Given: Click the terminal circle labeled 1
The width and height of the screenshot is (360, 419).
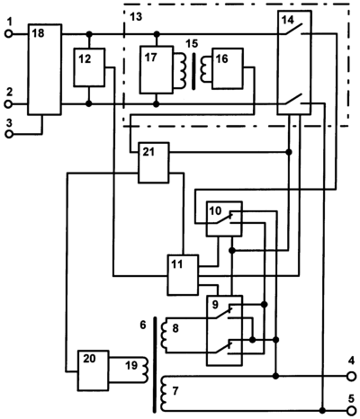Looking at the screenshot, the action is (9, 34).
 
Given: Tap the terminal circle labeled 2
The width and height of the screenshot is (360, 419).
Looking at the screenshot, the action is (9, 104).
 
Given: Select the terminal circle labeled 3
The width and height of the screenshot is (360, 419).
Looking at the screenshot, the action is (9, 134).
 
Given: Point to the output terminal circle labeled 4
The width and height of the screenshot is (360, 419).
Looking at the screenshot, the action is (351, 376).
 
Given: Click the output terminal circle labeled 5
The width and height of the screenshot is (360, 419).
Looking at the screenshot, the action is (351, 410).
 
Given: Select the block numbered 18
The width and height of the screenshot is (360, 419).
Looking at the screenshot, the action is (45, 69).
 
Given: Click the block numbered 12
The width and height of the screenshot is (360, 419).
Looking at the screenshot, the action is (89, 67).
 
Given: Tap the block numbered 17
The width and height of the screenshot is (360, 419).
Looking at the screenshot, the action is (157, 69).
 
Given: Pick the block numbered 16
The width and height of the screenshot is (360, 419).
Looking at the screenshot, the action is (228, 68).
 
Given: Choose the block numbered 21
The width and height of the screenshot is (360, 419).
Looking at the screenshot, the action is (153, 163).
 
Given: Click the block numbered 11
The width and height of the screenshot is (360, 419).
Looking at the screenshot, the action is (183, 275).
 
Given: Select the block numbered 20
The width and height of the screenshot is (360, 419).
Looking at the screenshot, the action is (93, 370).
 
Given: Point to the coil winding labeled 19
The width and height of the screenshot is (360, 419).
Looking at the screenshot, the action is (145, 370).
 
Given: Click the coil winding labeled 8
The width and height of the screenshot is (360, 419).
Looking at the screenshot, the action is (165, 335).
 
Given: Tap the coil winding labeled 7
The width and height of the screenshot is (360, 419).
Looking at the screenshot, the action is (164, 394).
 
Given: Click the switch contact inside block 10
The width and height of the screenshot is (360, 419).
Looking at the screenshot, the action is (224, 218).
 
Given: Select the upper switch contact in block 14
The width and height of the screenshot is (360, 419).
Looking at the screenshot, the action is (293, 29).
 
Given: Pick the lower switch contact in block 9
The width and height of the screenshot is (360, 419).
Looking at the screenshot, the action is (224, 347).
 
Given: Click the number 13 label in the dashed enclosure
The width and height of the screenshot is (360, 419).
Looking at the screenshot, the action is (136, 17).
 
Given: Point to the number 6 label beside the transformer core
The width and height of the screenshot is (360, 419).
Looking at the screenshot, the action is (143, 325).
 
